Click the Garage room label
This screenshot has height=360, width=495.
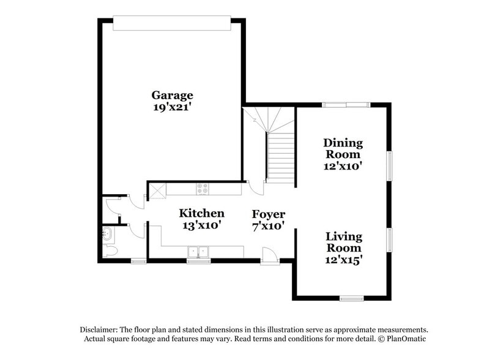(x=173, y=95)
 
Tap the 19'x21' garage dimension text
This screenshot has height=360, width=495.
(x=173, y=107)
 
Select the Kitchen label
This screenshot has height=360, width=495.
(x=201, y=213)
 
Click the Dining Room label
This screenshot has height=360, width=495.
(x=343, y=148)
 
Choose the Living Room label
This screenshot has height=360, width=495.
(x=343, y=242)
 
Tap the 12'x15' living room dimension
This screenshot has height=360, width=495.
(x=343, y=259)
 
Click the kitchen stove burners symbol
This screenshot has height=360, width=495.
(x=202, y=189)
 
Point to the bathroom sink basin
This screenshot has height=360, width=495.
(x=108, y=233)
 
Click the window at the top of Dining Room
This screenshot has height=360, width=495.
(x=346, y=105)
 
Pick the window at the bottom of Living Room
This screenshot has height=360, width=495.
(x=352, y=298)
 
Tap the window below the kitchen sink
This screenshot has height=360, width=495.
(x=197, y=261)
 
